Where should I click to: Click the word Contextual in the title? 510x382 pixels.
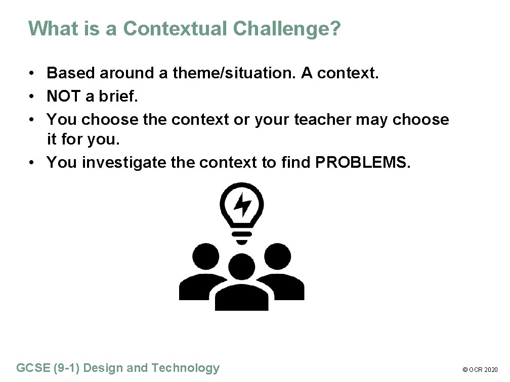pos(175,29)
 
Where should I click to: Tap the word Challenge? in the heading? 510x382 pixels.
pos(287,29)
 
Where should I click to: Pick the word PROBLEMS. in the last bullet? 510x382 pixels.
pos(361,162)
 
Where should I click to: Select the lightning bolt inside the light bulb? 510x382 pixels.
pos(242,204)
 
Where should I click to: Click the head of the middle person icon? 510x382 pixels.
pos(242,267)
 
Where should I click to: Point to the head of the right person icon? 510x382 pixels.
pos(278,256)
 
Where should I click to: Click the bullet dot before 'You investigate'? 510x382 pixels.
pos(31,163)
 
